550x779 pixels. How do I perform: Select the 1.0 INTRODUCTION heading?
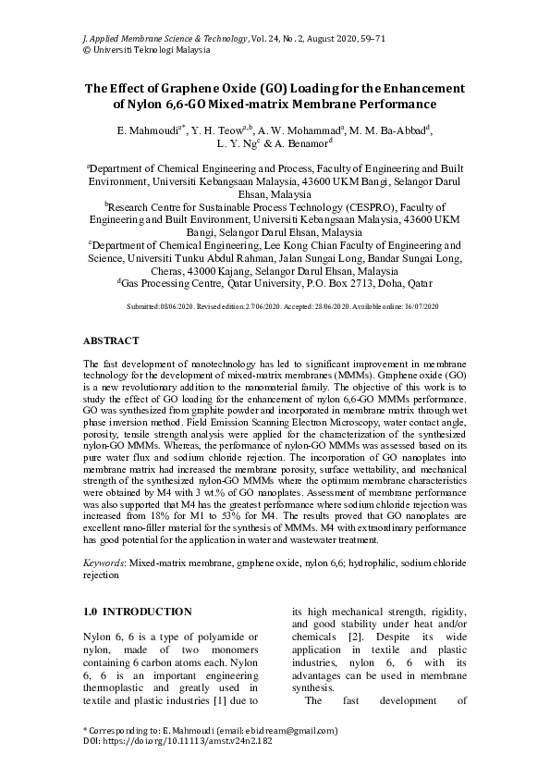[137, 612]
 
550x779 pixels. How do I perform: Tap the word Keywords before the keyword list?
[104, 562]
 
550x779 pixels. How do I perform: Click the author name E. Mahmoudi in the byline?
[148, 132]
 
